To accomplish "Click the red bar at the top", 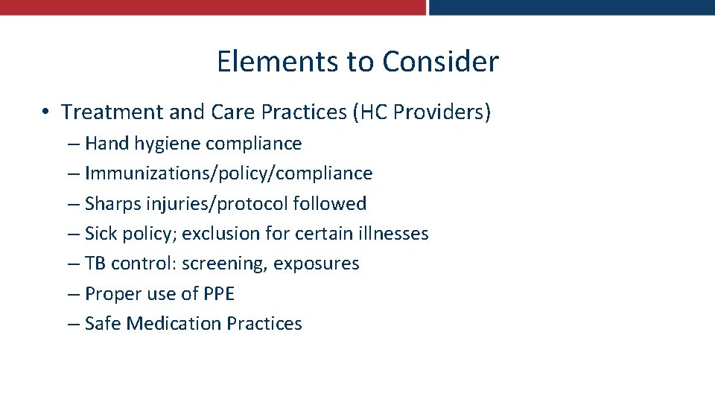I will point(212,7).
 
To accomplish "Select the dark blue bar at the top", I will point(571,7).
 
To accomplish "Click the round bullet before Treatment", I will point(45,112).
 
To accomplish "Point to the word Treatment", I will point(112,112).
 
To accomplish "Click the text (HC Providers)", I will point(422,112).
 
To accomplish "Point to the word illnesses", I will point(392,234).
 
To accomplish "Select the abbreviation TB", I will point(95,264).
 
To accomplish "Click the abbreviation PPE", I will point(218,294).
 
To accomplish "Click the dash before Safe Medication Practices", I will point(72,324).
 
